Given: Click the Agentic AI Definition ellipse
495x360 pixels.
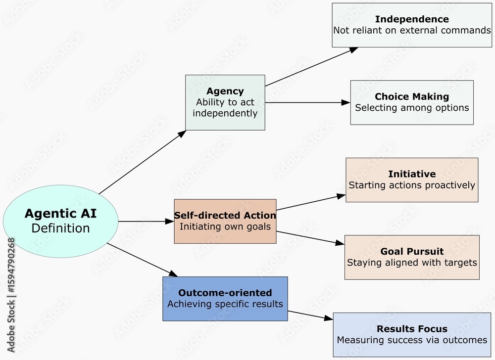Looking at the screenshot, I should point(60,221).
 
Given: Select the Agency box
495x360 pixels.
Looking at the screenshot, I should point(225,102).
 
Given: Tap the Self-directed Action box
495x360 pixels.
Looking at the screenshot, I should point(225,221).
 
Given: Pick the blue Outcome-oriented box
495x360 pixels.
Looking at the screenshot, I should point(225,299).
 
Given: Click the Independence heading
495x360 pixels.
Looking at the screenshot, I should point(412,19).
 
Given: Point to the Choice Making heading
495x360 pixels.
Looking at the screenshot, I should point(412,96).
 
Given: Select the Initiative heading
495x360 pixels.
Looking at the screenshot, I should point(412,174).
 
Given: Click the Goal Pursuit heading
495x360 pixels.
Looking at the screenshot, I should point(412,251).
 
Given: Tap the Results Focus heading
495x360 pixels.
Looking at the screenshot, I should point(412,329).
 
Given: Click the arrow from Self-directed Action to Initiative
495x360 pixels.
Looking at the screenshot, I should point(310,202).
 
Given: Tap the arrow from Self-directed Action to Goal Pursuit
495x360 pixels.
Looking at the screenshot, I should point(309,237).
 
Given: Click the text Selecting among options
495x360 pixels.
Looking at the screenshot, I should point(412,108).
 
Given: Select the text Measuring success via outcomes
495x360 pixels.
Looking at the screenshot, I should point(412,340).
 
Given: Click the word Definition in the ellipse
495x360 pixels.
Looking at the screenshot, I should point(60,228).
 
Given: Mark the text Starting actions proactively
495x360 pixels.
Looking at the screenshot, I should point(412,185).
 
